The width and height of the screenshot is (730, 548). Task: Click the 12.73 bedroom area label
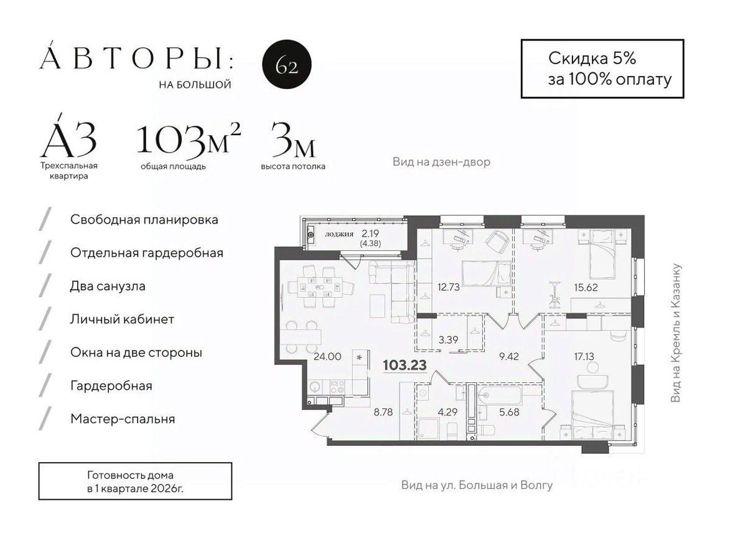(x=444, y=287)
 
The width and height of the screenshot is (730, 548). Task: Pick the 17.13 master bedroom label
(x=584, y=357)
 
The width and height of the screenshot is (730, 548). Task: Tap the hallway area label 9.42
(x=510, y=357)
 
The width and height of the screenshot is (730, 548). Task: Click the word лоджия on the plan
(x=339, y=235)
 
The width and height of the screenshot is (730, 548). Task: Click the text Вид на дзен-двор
(x=441, y=162)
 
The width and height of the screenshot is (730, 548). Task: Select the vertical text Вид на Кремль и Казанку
(x=676, y=333)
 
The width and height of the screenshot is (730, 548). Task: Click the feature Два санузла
(x=108, y=286)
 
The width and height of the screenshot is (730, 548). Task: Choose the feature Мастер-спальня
(x=123, y=419)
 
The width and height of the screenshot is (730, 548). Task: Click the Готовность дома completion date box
(x=135, y=481)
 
